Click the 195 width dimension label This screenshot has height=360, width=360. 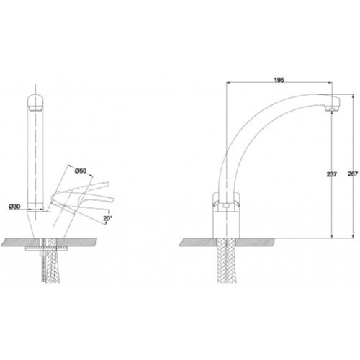tap(279, 80)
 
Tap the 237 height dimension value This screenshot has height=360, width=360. tap(331, 174)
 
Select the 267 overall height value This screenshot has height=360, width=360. tap(353, 174)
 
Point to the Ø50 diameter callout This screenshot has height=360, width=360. tap(81, 171)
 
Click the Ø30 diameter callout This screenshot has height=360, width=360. tap(14, 207)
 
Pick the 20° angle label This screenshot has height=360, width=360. tap(108, 218)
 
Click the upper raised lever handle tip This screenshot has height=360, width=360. tap(107, 184)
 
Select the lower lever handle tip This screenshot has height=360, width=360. tap(112, 200)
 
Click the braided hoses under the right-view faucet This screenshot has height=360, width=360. tap(226, 261)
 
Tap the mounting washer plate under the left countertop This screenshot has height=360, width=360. tap(46, 249)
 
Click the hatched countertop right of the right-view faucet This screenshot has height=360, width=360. tap(255, 242)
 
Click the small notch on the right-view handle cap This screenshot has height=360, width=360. tap(226, 206)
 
